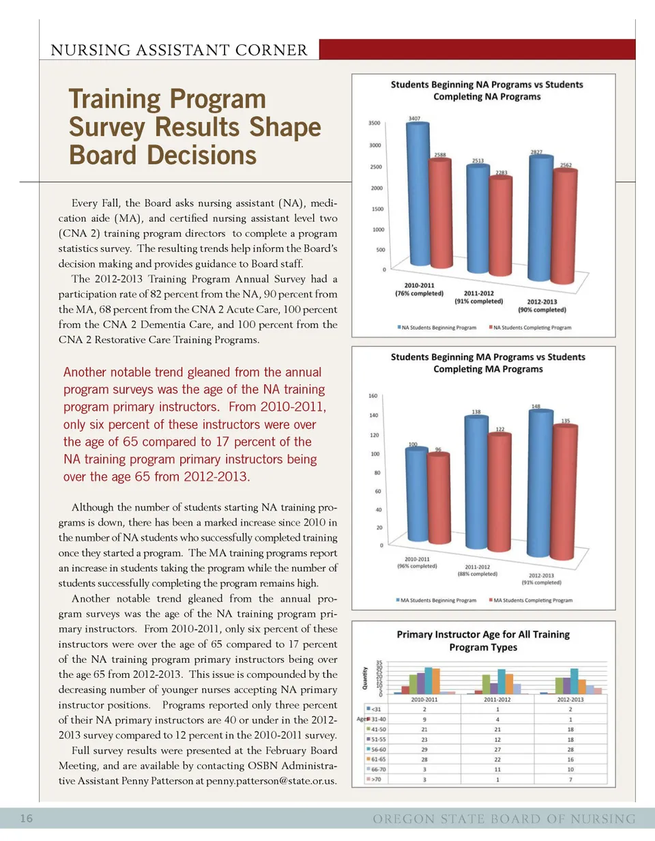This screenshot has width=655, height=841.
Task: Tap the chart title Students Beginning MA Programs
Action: coord(487,362)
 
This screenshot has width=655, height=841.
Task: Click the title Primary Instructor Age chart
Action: coord(483,640)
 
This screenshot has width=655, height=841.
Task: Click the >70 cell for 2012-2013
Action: coord(570,779)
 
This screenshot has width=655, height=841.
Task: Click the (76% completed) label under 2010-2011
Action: coord(420,294)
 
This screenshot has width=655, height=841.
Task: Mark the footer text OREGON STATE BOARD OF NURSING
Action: coord(504,818)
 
